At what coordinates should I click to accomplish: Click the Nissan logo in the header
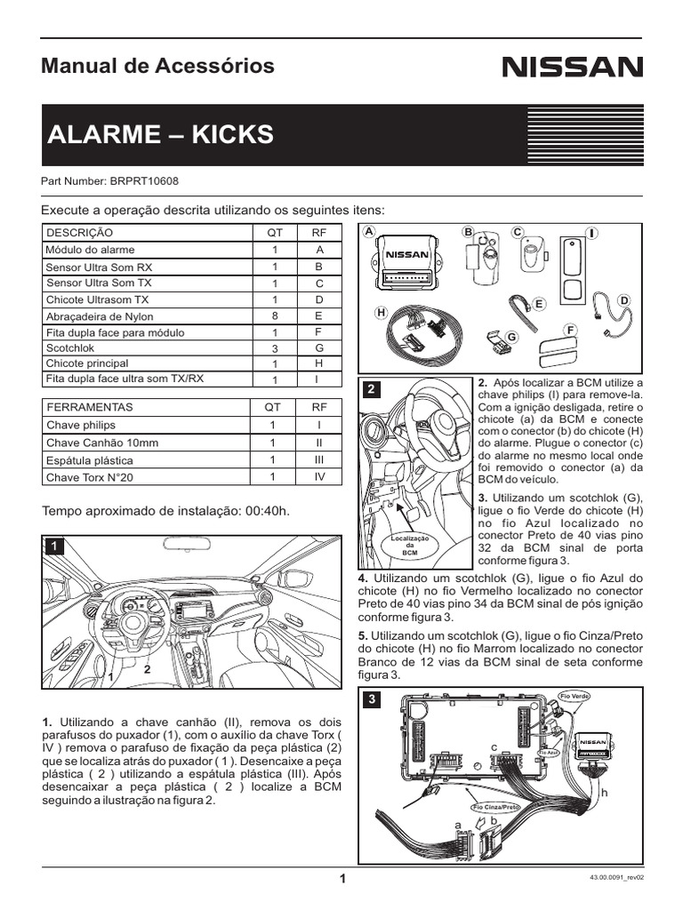coord(572,68)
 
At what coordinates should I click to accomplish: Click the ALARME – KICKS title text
coord(160,135)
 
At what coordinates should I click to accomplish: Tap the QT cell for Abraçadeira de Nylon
coord(275,316)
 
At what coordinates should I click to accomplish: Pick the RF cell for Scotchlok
coord(318,347)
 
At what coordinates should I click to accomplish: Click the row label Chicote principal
coord(87,363)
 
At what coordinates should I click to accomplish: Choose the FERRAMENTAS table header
coord(89,406)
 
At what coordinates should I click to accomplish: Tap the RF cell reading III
coord(318,459)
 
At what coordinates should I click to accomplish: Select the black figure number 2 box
coord(372,389)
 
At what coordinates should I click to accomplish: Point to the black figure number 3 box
coord(372,699)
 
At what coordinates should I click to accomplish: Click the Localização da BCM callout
coord(410,545)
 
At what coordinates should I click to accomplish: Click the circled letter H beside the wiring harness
coord(381,313)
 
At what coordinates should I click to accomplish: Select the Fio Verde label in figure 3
coord(574,694)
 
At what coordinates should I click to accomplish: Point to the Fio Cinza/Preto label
coord(495,807)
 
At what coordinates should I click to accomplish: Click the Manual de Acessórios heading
coord(158,66)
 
